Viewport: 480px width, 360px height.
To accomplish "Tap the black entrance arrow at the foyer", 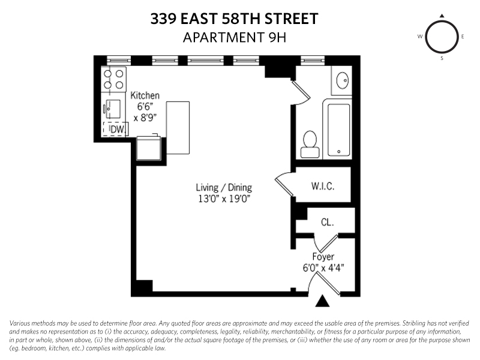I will click(323, 301).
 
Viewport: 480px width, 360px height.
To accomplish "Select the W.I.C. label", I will click(322, 186).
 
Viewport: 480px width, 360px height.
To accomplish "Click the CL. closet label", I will click(327, 222).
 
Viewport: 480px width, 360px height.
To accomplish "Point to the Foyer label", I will click(323, 257).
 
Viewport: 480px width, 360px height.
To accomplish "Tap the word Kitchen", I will click(145, 95).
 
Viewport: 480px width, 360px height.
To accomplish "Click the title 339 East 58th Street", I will click(234, 19).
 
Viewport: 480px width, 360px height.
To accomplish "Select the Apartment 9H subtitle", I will click(234, 37).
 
